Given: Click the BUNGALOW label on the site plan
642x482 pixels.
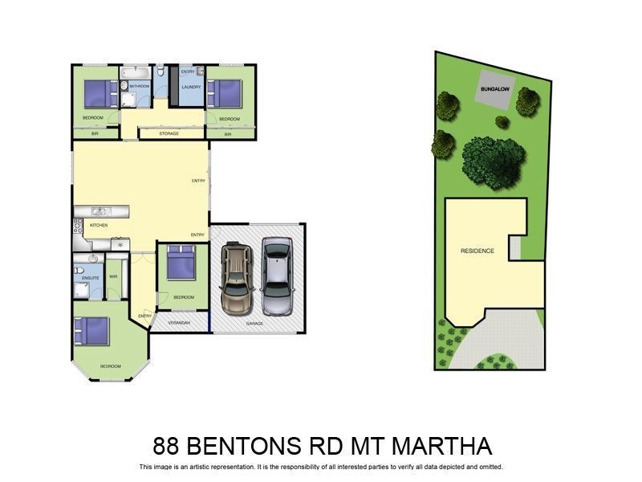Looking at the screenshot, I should (494, 88).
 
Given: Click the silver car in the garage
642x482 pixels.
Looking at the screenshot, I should (278, 277).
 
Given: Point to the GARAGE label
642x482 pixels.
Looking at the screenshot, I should (254, 323).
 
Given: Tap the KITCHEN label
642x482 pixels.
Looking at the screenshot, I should (99, 225).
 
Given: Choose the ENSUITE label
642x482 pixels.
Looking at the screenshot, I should (91, 278).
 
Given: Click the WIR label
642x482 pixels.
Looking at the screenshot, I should (113, 278).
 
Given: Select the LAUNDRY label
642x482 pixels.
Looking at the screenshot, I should (191, 87).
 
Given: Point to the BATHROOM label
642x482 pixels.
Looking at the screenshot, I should (140, 85).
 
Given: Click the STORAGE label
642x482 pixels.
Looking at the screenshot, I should (169, 133).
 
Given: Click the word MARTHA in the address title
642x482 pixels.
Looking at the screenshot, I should (442, 446).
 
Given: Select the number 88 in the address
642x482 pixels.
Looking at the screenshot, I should (168, 446).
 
